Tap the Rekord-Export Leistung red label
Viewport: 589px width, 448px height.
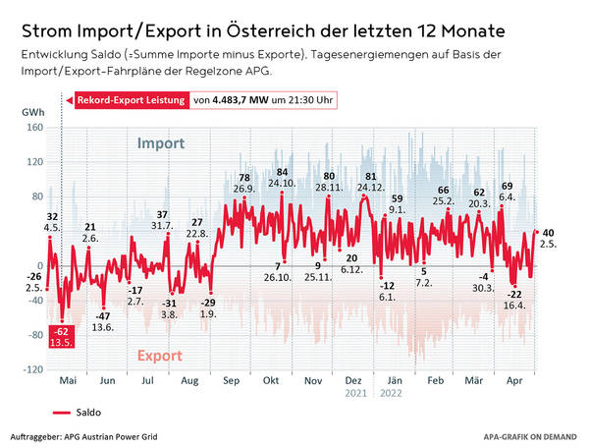point(127,99)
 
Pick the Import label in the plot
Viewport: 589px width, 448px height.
point(161,143)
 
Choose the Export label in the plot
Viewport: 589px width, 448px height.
point(159,355)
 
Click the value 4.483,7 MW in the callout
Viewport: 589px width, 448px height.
point(242,99)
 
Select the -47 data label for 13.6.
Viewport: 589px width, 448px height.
point(103,314)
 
